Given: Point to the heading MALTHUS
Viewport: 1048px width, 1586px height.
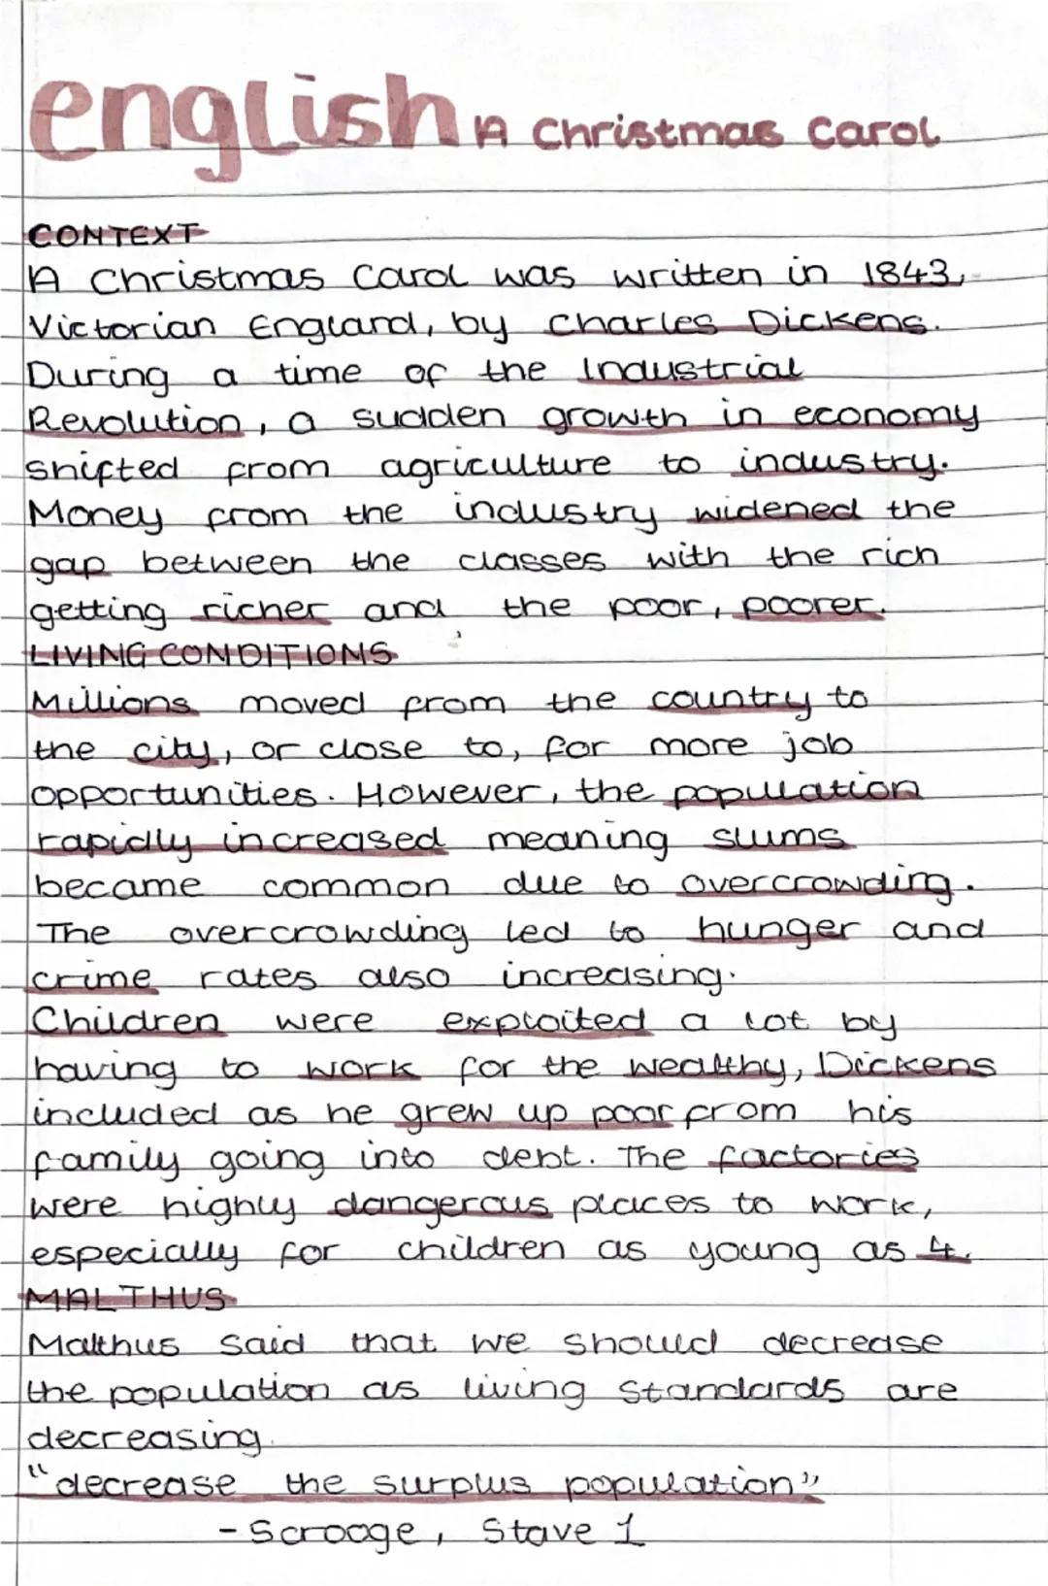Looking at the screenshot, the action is (x=126, y=1298).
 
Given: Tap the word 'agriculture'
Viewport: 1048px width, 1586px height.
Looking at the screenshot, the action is (x=495, y=467).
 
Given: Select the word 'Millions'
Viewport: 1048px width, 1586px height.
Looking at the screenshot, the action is (x=113, y=700).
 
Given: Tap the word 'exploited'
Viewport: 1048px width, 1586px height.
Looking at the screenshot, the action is (x=543, y=1022).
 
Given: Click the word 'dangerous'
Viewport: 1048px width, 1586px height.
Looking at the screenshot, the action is (x=442, y=1206).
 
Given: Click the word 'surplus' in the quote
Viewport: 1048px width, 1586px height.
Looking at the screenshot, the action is (x=452, y=1484).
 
